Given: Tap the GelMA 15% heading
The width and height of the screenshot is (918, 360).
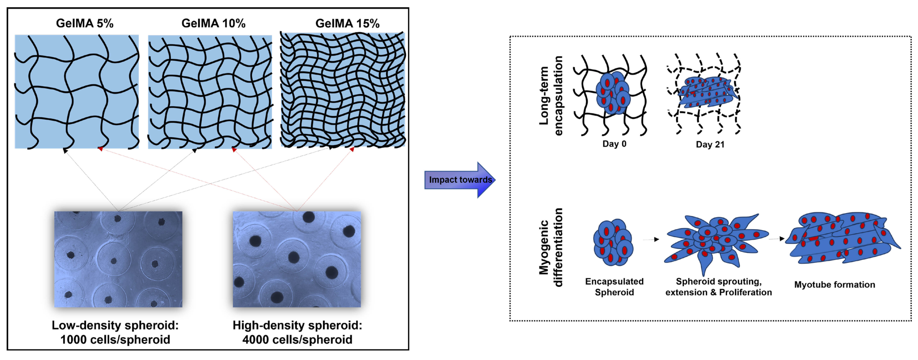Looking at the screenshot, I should [x=347, y=23].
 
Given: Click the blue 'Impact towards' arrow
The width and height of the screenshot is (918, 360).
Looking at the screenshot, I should [x=460, y=180].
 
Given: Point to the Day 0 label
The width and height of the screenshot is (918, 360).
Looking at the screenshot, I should [x=614, y=144].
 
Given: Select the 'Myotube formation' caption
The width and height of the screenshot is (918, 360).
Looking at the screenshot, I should [x=834, y=284].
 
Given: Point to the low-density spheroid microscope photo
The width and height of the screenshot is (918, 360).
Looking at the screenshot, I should [x=118, y=259].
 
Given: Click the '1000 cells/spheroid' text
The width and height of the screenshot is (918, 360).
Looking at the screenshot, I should [x=115, y=339].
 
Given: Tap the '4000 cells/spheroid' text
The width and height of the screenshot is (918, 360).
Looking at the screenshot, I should [x=297, y=339].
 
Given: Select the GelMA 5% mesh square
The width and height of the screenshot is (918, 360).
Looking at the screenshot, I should [x=77, y=91].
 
